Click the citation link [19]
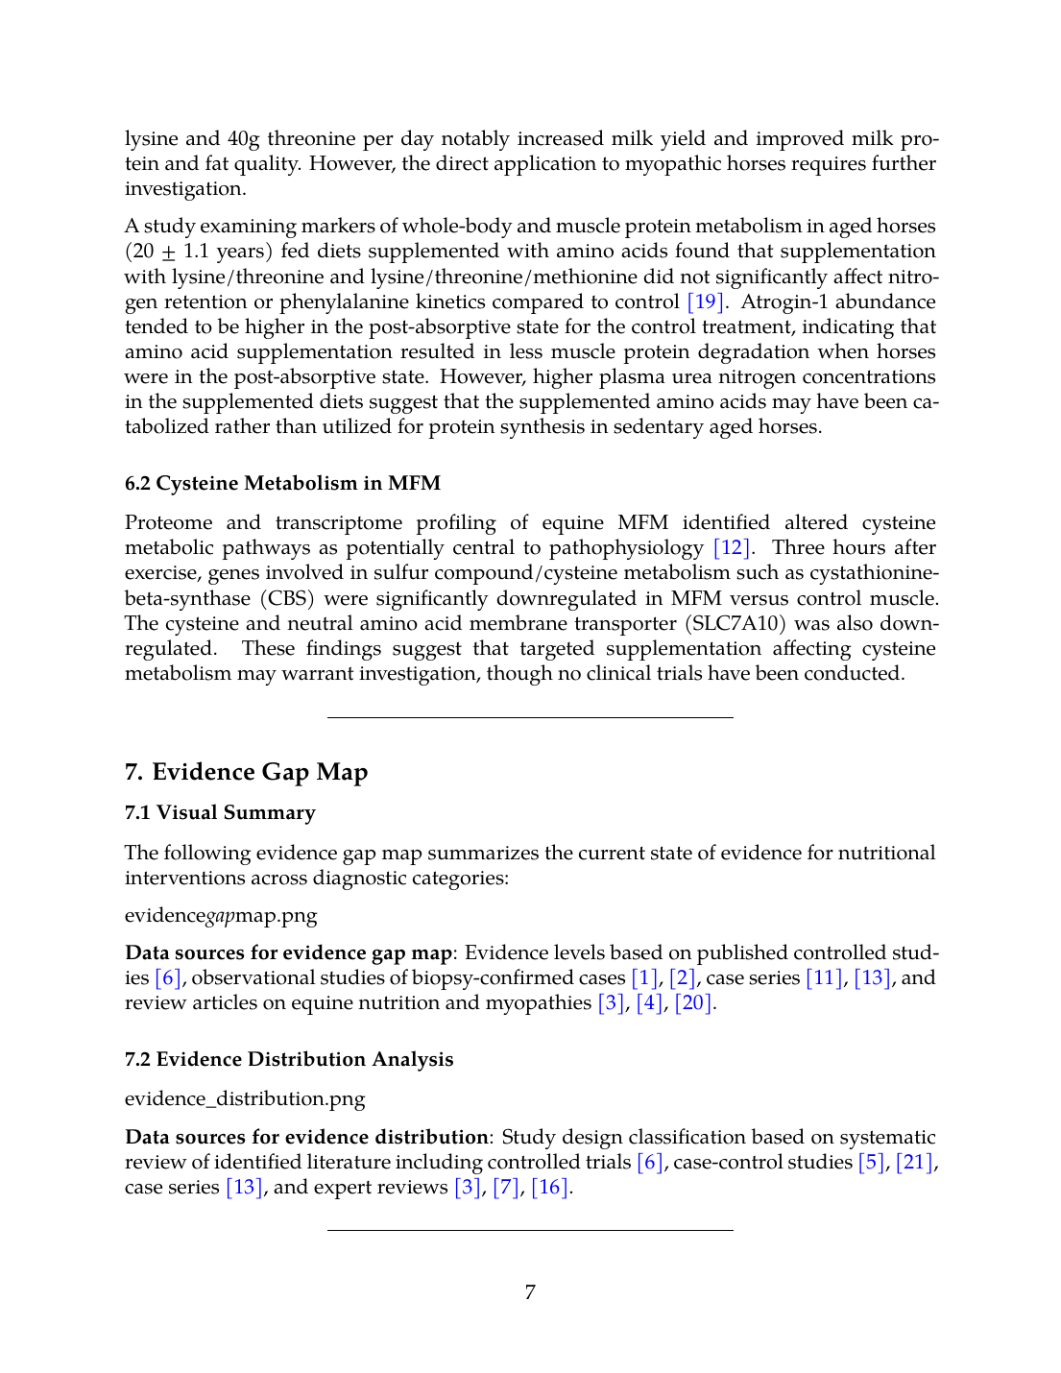click(x=705, y=301)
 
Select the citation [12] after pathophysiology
click(x=733, y=548)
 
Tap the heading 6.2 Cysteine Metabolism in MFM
click(x=282, y=483)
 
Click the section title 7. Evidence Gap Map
click(x=246, y=772)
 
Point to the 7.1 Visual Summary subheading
click(x=220, y=812)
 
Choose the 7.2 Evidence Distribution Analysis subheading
click(x=289, y=1059)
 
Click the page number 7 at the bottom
click(x=530, y=1292)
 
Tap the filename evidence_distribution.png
click(x=245, y=1098)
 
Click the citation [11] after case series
click(x=824, y=977)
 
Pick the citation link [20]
click(x=694, y=1002)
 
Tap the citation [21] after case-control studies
click(x=914, y=1162)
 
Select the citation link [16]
click(x=550, y=1187)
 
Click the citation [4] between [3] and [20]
click(x=649, y=1002)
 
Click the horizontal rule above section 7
click(x=530, y=717)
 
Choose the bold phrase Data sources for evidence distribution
click(x=306, y=1137)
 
